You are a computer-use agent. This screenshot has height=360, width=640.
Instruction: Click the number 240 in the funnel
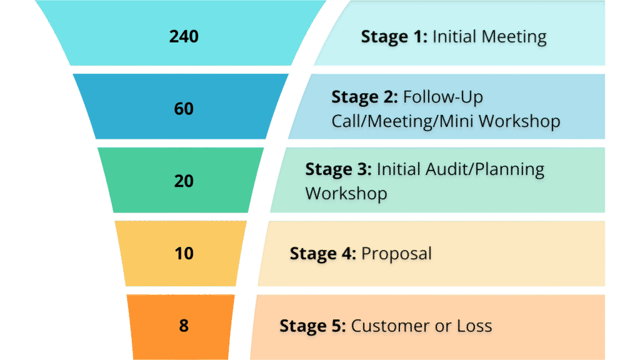pyautogui.click(x=184, y=36)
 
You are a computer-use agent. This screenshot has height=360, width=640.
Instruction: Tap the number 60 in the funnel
pyautogui.click(x=184, y=109)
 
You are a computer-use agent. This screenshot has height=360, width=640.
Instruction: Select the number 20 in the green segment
pyautogui.click(x=184, y=181)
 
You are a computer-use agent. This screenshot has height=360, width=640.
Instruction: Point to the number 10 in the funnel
pyautogui.click(x=184, y=254)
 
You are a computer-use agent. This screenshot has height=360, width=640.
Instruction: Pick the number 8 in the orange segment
pyautogui.click(x=184, y=326)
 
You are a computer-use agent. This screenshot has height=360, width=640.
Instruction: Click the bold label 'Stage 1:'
pyautogui.click(x=394, y=37)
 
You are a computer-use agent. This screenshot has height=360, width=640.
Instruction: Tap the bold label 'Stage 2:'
pyautogui.click(x=364, y=97)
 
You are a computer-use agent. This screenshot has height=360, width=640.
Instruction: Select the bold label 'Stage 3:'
pyautogui.click(x=338, y=170)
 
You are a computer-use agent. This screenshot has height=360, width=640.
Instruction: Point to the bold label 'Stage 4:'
pyautogui.click(x=322, y=254)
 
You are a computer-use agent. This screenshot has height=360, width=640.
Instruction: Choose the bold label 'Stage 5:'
pyautogui.click(x=312, y=326)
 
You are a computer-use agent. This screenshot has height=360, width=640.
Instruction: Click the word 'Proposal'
pyautogui.click(x=397, y=254)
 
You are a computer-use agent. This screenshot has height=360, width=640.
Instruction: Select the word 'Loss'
pyautogui.click(x=474, y=326)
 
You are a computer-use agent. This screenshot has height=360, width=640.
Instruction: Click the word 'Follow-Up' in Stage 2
pyautogui.click(x=443, y=97)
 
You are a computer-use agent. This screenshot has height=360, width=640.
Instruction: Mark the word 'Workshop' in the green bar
pyautogui.click(x=346, y=193)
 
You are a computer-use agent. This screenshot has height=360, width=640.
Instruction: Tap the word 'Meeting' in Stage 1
pyautogui.click(x=510, y=37)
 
